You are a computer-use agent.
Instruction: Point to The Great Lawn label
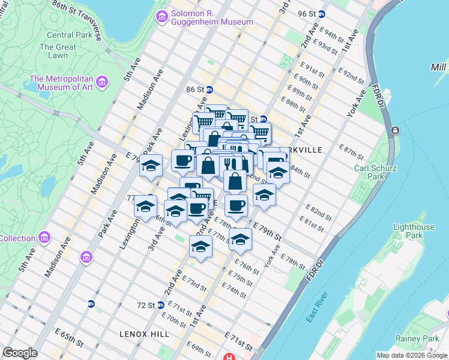[x=58, y=51]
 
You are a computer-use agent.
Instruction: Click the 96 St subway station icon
[x=322, y=14]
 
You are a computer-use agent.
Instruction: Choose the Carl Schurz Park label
[x=376, y=172]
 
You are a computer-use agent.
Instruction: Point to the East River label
[x=318, y=307]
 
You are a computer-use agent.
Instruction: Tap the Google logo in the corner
[x=20, y=353]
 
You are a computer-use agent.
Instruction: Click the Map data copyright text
[x=412, y=355]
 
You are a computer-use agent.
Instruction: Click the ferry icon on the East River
[x=395, y=130]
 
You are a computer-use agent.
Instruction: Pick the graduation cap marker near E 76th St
[x=240, y=239]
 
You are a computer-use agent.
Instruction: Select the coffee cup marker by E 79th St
[x=236, y=205]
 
